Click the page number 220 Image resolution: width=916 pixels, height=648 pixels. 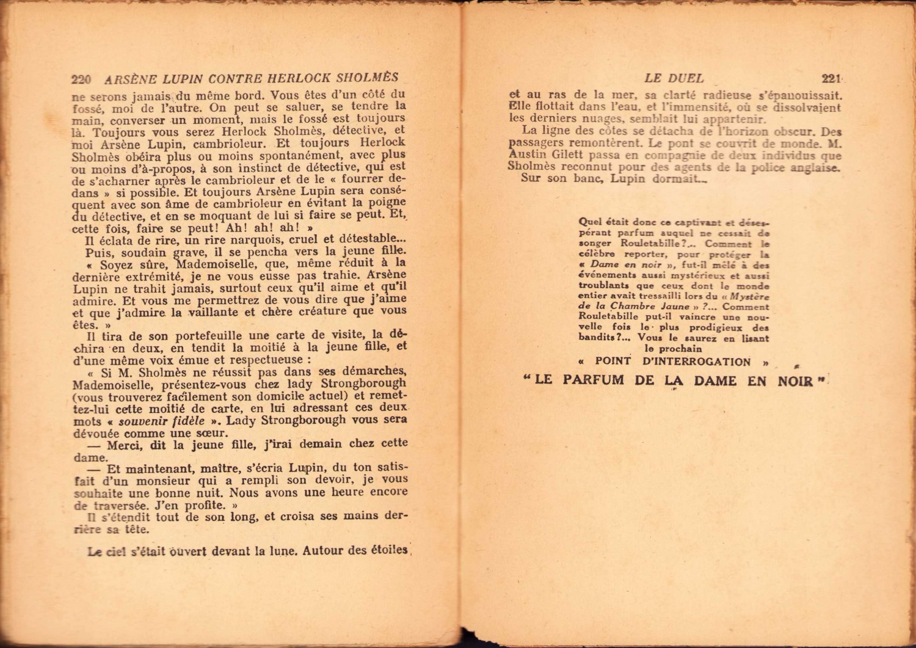(81, 79)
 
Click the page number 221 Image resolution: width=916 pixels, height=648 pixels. (831, 78)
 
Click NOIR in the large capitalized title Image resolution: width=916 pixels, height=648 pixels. (796, 381)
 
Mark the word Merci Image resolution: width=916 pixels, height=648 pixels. (124, 445)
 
